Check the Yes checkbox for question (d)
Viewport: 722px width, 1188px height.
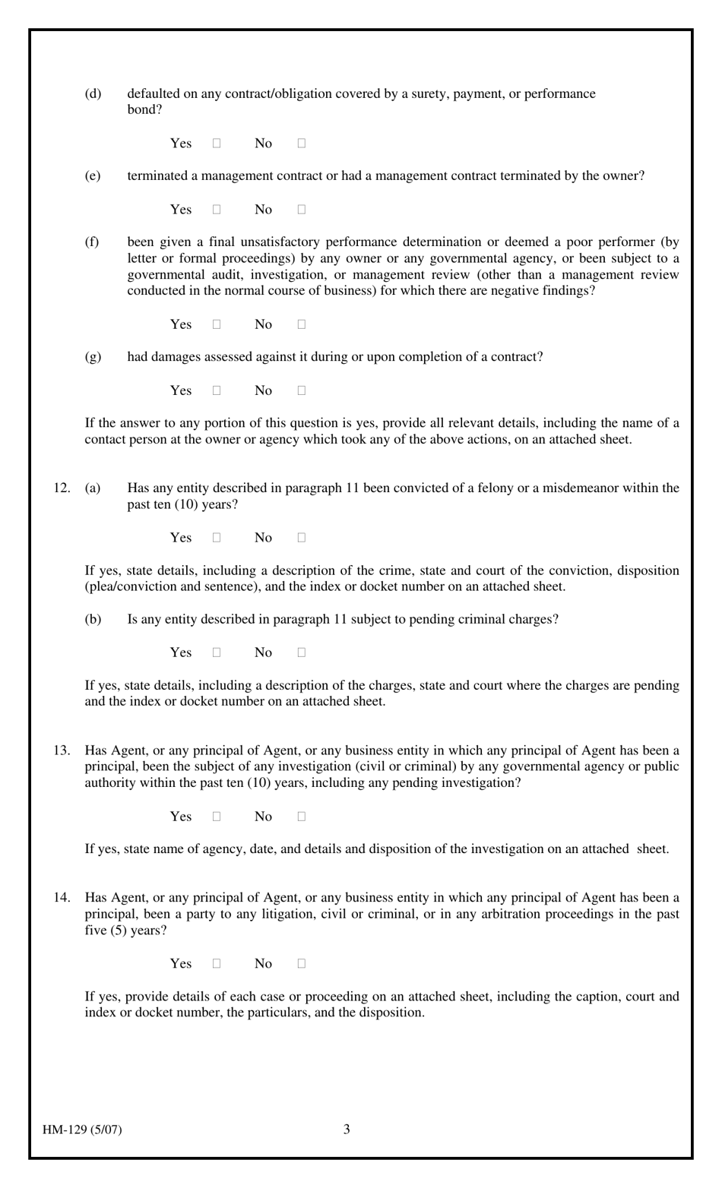[x=217, y=143]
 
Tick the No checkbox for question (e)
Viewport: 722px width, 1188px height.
[x=302, y=209]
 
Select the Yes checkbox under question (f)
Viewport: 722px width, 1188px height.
[x=217, y=324]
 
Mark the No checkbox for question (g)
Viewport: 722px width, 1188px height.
[x=302, y=390]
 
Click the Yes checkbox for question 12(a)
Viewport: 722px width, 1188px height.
[x=217, y=538]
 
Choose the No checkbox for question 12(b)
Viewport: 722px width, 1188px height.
[x=302, y=652]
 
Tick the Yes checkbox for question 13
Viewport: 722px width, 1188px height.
[x=217, y=817]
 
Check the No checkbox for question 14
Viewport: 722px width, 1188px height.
[x=302, y=964]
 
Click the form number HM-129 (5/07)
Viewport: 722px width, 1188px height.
[x=82, y=1129]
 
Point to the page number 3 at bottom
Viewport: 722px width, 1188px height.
[x=347, y=1129]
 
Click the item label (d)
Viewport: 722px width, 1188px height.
[x=93, y=93]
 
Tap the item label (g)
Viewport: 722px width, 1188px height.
[x=93, y=357]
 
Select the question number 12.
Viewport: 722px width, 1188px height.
[x=62, y=488]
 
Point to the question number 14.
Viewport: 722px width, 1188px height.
[x=62, y=898]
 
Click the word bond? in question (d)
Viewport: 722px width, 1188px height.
[x=144, y=109]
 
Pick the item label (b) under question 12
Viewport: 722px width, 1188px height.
[x=93, y=619]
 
